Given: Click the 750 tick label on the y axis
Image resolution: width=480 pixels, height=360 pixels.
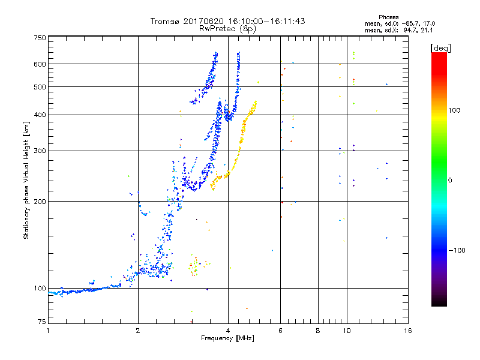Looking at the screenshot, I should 40,38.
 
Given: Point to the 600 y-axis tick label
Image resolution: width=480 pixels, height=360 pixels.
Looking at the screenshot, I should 40,64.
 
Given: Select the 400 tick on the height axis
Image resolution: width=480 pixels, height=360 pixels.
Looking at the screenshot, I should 40,115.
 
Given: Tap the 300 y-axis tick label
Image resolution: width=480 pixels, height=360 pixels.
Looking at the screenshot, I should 40,151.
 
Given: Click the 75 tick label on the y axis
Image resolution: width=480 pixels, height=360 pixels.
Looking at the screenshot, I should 41,323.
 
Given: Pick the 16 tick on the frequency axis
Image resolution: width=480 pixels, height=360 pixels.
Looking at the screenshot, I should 407,331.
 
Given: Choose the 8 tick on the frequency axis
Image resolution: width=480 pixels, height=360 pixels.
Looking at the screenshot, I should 318,331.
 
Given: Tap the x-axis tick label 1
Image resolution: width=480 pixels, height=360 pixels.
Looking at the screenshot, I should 49,331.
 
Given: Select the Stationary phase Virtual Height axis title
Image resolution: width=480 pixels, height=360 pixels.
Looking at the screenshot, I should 26,180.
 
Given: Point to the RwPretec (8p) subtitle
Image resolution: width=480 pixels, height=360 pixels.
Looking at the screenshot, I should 227,28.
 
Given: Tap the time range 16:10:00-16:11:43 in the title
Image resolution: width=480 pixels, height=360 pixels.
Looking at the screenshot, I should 262,21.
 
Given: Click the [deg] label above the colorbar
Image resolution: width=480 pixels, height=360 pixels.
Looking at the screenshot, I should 441,47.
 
